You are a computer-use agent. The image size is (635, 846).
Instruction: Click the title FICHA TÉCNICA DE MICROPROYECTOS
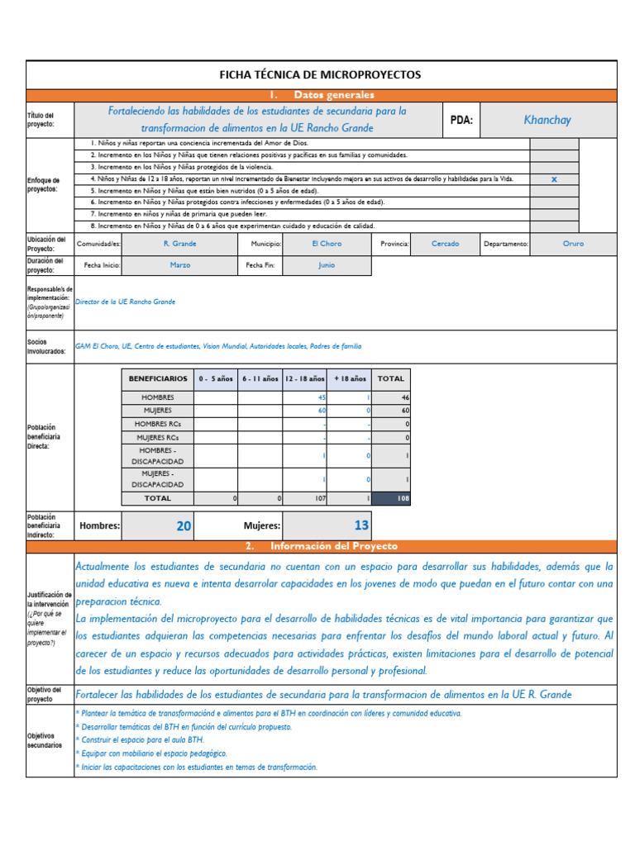319,74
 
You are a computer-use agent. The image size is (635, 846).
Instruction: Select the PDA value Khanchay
547,120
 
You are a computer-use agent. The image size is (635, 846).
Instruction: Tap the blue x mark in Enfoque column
554,179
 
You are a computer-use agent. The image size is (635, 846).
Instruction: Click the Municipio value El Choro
326,244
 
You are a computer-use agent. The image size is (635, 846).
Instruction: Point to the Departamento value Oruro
573,244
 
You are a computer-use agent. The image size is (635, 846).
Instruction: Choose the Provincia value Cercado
445,244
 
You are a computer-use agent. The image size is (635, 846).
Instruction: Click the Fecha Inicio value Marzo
179,265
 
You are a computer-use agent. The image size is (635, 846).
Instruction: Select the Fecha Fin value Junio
327,265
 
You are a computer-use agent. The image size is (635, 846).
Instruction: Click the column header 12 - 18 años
304,378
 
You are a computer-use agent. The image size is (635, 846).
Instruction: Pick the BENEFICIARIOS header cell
157,378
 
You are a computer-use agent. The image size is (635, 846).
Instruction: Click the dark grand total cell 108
391,498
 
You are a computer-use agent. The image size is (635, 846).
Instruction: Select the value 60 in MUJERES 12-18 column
322,410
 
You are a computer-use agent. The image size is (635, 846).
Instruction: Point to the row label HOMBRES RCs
157,423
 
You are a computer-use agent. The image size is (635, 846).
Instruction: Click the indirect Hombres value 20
183,525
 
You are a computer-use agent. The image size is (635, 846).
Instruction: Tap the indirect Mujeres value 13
360,525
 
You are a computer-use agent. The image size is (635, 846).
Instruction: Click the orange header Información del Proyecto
333,546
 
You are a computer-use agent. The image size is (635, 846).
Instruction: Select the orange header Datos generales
333,95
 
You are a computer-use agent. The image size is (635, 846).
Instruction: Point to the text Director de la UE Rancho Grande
126,302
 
